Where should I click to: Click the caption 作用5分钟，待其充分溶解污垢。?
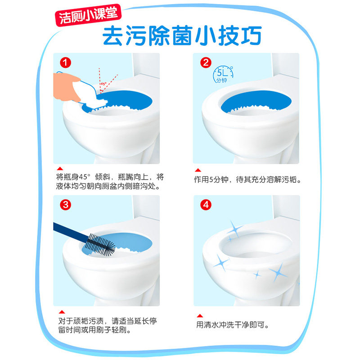[247, 180]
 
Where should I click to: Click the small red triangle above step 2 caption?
[197, 170]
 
